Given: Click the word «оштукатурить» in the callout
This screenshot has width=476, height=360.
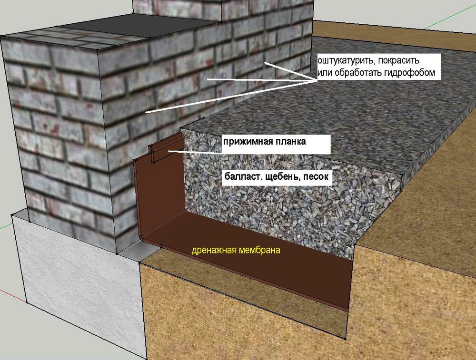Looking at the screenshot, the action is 343,61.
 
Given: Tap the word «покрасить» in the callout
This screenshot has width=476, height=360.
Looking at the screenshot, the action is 395,61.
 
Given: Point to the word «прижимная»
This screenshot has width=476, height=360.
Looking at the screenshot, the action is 246,142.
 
